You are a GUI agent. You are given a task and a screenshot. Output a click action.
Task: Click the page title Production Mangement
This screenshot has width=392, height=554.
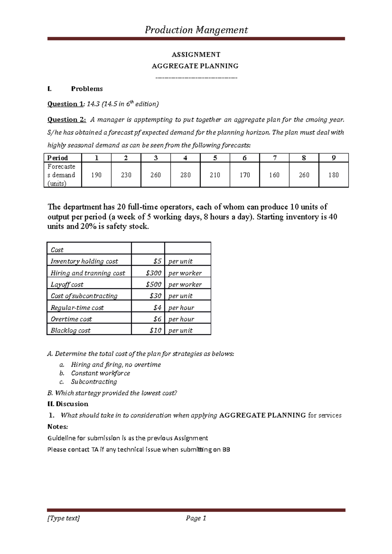(x=196, y=30)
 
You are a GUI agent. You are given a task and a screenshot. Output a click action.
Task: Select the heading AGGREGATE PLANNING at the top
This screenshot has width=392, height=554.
(x=195, y=66)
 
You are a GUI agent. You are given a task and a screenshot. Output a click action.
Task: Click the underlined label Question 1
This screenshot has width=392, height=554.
(x=65, y=104)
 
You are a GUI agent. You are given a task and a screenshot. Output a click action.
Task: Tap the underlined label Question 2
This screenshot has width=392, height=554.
(x=67, y=120)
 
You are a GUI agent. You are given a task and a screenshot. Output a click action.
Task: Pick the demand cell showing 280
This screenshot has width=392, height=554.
(x=185, y=175)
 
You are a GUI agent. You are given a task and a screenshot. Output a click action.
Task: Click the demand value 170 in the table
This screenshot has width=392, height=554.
(x=245, y=175)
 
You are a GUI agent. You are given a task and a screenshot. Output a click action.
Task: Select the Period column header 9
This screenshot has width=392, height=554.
(x=334, y=158)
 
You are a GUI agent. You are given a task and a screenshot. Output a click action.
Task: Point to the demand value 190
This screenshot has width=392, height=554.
(x=96, y=175)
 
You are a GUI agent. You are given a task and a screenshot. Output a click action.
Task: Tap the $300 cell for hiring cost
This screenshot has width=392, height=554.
(x=154, y=273)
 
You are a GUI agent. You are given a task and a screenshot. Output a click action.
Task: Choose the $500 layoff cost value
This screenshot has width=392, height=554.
(x=154, y=285)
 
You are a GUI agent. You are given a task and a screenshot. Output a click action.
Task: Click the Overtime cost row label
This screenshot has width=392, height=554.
(x=71, y=319)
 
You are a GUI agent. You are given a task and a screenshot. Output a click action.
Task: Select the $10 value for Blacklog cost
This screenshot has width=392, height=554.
(x=155, y=331)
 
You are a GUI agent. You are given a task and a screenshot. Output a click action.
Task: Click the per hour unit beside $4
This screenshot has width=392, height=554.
(x=181, y=308)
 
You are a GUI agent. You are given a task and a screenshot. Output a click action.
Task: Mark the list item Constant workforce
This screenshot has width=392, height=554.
(x=100, y=373)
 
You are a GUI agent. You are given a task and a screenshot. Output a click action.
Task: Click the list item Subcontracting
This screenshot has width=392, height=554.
(x=94, y=382)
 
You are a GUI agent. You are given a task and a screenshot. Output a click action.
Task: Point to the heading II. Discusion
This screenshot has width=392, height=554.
(x=68, y=404)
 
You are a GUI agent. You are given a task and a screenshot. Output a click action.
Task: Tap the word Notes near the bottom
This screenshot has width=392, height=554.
(x=57, y=427)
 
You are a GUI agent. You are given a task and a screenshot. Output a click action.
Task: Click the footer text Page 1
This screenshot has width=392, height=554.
(x=196, y=518)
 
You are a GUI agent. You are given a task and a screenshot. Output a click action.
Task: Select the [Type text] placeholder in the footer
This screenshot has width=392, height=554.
(x=64, y=518)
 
